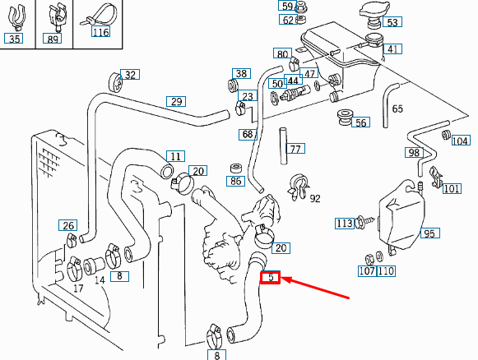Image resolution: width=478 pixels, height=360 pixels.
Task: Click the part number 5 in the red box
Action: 271,279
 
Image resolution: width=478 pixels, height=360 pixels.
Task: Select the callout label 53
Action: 392,22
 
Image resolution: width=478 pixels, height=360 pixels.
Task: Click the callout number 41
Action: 393,49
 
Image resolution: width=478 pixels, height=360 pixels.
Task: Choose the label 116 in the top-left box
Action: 100,33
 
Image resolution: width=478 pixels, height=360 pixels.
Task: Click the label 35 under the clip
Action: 15,39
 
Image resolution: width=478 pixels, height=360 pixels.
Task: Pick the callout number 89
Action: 53,39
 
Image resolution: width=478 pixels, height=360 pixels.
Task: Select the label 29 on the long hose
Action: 176,102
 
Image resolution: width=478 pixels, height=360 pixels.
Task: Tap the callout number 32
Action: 130,75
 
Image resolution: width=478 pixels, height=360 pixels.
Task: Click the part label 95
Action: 429,233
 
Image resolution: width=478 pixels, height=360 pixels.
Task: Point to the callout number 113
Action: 344,223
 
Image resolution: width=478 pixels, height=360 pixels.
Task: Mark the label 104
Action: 461,141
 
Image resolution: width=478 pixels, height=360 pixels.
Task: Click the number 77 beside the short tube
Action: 296,149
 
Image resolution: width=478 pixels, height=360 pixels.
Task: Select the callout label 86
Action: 236,180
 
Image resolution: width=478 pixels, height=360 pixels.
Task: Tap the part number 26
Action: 68,226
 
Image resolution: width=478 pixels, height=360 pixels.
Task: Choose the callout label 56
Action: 361,122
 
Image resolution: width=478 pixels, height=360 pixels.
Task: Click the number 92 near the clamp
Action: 315,198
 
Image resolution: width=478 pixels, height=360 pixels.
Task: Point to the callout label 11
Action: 175,155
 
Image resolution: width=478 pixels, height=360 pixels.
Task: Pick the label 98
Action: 414,152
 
